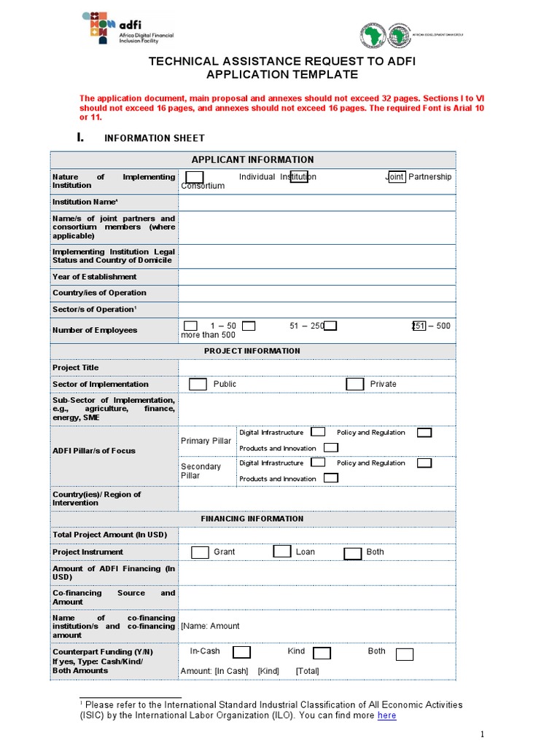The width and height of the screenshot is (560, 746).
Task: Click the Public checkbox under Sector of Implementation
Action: (198, 384)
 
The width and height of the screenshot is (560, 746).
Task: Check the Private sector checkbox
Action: (355, 384)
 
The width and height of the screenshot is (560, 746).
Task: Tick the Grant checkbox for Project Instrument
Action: (200, 552)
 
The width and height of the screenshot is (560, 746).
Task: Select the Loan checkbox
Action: (282, 551)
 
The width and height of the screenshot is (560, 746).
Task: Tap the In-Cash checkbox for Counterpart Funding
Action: (242, 652)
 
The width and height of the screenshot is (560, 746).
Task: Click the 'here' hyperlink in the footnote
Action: (386, 715)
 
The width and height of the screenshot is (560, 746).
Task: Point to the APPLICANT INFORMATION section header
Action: (252, 160)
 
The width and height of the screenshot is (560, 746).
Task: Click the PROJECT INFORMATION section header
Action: (252, 351)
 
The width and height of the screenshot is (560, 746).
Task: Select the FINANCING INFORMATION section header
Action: (252, 519)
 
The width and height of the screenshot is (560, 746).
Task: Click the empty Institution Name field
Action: (316, 202)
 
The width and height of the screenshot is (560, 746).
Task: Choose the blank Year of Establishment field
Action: (316, 277)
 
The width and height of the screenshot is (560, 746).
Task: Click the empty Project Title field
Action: (316, 367)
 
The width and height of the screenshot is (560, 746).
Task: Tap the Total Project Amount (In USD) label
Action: (109, 535)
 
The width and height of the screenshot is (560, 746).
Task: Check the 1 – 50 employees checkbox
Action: (190, 326)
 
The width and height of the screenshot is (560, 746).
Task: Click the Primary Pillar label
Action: (206, 441)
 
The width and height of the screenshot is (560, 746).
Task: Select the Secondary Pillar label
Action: (201, 471)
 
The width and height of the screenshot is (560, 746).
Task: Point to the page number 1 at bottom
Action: (482, 733)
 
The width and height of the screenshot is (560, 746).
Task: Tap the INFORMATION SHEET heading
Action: (155, 138)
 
